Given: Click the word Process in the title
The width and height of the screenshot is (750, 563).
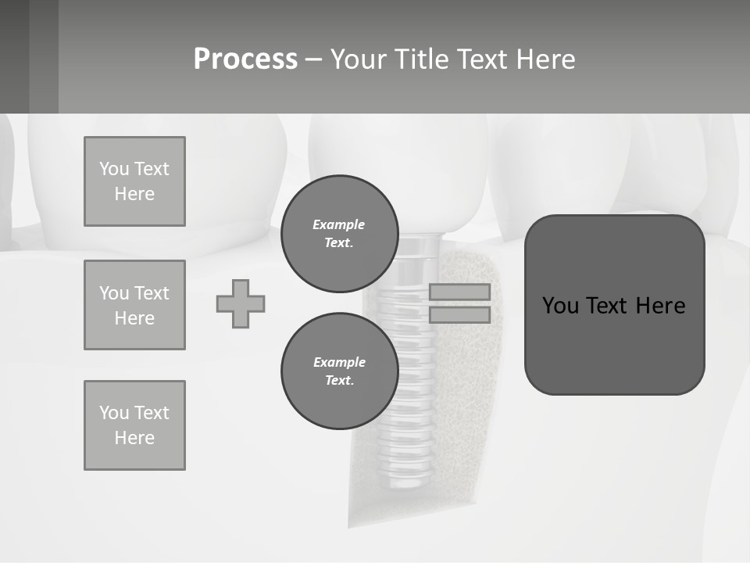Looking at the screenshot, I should [x=245, y=59].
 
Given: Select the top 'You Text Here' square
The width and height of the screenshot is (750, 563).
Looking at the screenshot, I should [x=134, y=181].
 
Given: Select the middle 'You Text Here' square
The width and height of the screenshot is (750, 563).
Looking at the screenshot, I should [x=134, y=305].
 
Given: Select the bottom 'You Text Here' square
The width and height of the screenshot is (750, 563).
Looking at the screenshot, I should [x=134, y=425].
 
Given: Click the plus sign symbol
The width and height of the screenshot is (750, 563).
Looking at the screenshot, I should [x=241, y=304].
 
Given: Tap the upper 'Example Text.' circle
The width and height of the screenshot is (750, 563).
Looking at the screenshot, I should [x=340, y=234].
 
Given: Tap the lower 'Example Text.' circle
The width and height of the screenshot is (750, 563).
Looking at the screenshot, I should [x=340, y=371].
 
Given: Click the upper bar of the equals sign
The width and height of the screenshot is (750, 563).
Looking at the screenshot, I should [x=459, y=292].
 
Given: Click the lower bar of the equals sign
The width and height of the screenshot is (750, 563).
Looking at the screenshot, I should [x=459, y=314].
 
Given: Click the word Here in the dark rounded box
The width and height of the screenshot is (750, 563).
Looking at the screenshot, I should [x=660, y=306].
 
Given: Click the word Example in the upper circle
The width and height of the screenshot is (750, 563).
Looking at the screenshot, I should [x=339, y=224].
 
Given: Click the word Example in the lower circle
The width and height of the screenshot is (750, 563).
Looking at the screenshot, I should [x=339, y=362].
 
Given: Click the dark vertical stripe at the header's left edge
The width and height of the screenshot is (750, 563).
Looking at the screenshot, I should [x=44, y=56].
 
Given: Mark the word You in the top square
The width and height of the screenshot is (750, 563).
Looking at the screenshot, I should [x=113, y=169].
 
